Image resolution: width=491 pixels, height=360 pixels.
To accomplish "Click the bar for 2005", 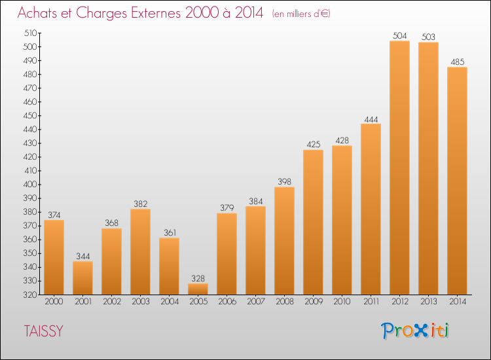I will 198,289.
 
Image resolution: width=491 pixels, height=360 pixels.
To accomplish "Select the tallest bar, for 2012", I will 399,168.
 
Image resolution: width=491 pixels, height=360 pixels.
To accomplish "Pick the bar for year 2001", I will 82,278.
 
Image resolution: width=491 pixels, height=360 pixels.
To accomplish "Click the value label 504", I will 399,36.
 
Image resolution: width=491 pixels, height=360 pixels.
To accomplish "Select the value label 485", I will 457,62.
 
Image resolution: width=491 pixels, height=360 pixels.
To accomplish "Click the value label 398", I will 284,182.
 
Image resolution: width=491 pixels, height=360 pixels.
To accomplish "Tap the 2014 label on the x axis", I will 457,302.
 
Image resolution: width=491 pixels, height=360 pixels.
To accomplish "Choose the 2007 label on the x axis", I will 255,302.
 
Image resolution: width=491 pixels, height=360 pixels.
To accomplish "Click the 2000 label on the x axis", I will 54,302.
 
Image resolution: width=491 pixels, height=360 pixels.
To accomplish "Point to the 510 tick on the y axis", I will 30,33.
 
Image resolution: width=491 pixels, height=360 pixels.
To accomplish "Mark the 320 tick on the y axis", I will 30,295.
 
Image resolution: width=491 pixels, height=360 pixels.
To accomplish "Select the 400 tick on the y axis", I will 30,185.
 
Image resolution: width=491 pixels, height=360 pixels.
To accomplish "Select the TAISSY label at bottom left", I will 44,331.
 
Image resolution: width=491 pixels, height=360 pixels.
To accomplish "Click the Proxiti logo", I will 415,331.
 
